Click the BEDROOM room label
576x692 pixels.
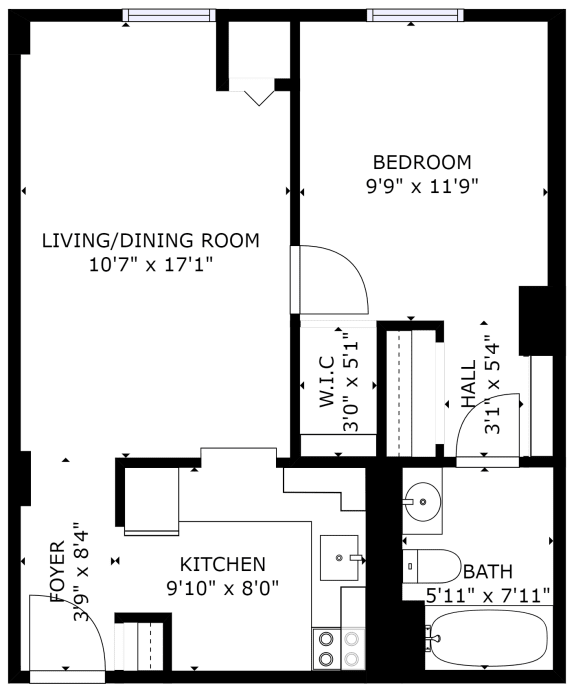(x=422, y=162)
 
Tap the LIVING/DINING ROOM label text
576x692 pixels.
(x=151, y=240)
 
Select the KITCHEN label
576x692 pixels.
(x=222, y=564)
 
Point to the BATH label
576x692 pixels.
(x=488, y=572)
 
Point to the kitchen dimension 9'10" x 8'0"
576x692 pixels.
(x=222, y=588)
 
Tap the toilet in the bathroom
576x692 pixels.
(x=431, y=567)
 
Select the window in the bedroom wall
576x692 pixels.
(x=415, y=14)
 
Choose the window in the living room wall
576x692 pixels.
(x=169, y=14)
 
